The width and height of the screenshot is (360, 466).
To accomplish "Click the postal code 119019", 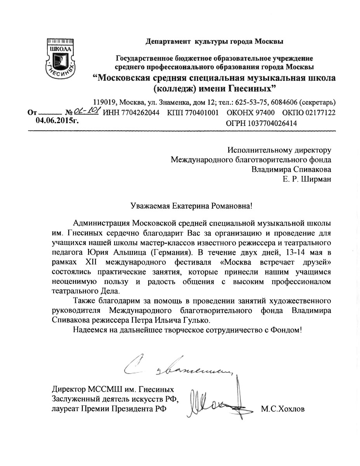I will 105,103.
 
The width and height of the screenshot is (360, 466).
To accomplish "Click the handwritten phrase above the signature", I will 179,366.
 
